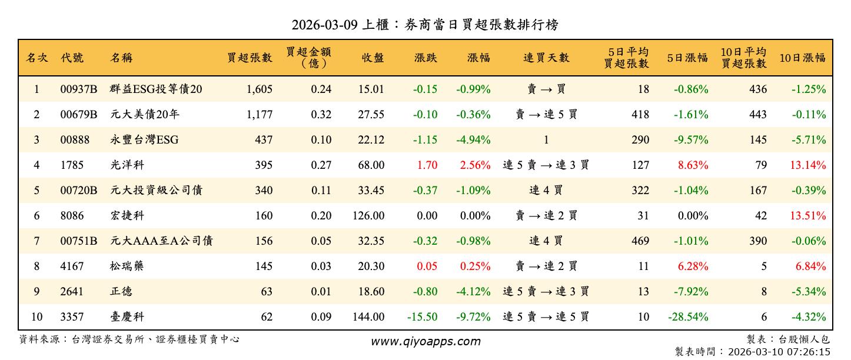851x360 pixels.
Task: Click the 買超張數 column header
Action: tap(250, 58)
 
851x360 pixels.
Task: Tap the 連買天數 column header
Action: tap(546, 58)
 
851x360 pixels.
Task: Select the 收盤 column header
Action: tap(373, 58)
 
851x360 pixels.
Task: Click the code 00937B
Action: tap(79, 89)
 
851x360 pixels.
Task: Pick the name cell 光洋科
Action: tap(127, 165)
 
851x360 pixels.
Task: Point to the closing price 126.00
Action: tap(368, 216)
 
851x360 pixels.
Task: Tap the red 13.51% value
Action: tap(807, 216)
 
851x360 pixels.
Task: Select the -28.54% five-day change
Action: tap(688, 317)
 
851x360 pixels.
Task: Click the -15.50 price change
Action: tap(422, 317)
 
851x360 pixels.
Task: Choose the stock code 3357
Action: tap(72, 317)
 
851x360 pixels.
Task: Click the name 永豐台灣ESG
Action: tap(144, 140)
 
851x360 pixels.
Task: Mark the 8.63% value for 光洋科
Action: tap(693, 165)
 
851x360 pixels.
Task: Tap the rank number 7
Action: tap(36, 241)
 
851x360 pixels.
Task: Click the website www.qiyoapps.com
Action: tap(425, 341)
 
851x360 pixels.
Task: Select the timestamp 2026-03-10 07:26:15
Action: tap(779, 352)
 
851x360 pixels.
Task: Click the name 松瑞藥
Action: tap(127, 266)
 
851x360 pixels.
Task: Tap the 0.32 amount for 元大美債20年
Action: tap(321, 115)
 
